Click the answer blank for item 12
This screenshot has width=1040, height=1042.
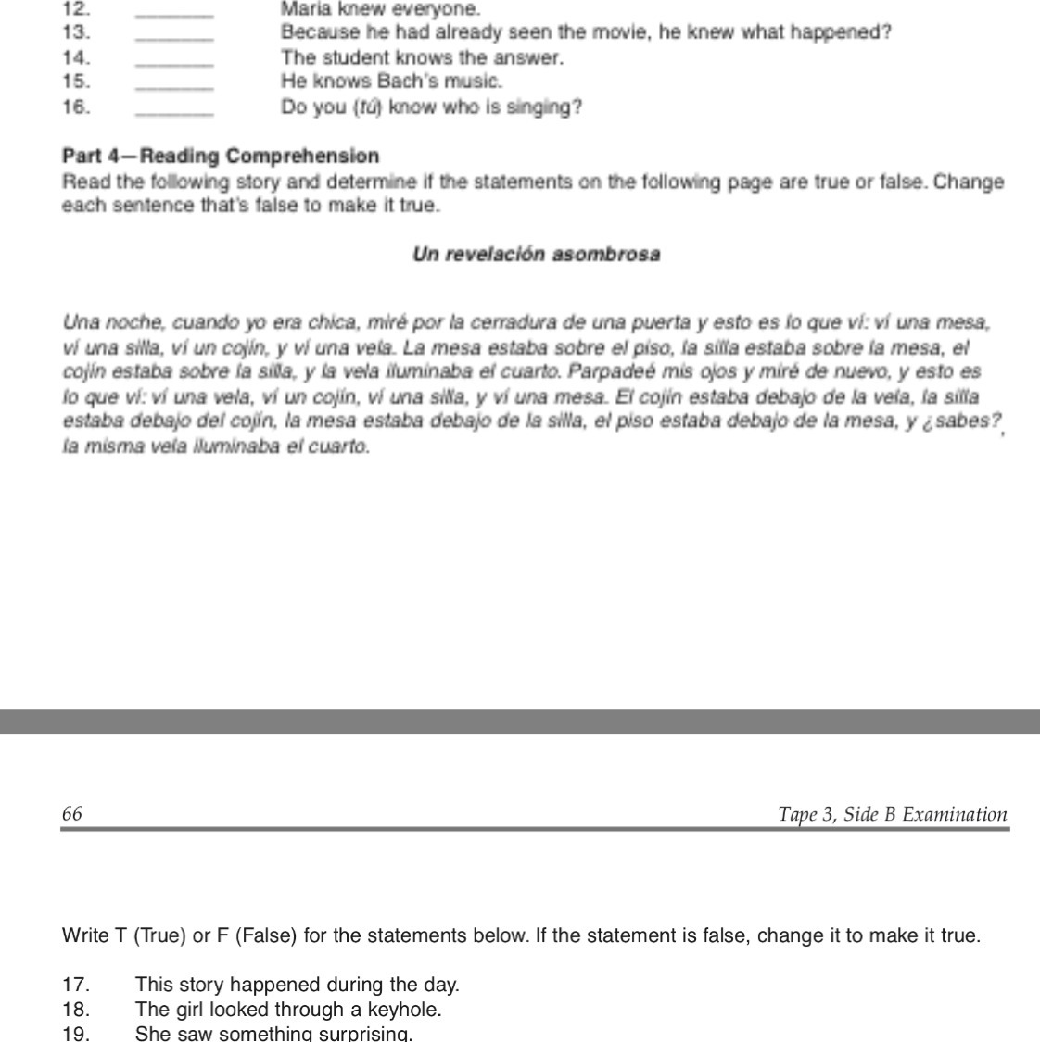[174, 13]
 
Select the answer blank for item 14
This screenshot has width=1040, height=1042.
[174, 61]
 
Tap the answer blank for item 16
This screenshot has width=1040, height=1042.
[174, 110]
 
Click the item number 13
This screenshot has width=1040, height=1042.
[75, 33]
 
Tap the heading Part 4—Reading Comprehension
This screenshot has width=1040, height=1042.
[221, 156]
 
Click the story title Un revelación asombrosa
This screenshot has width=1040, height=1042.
[536, 255]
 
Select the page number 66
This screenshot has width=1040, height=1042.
[72, 814]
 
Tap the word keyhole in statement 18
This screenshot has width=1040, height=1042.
[404, 1009]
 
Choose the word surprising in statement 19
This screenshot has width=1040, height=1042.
[362, 1034]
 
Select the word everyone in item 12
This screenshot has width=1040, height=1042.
[443, 10]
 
